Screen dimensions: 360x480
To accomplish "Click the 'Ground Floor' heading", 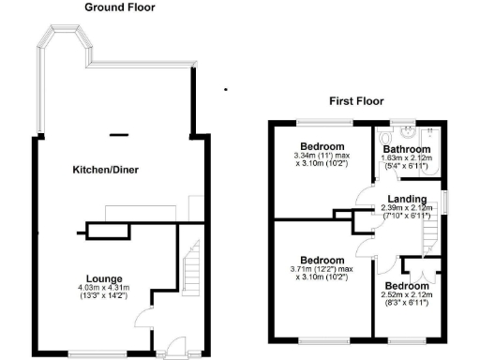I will tap(120, 7).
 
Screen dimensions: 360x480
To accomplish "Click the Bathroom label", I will tap(406, 149).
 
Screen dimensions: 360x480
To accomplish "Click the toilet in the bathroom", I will tap(392, 134).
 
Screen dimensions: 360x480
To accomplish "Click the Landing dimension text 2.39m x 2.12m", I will tap(406, 208).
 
